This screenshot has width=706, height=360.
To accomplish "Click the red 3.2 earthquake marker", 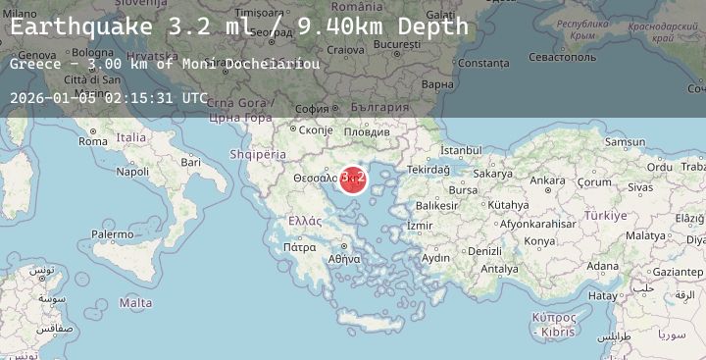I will (352, 178).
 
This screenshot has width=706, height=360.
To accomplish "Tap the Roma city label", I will (93, 141).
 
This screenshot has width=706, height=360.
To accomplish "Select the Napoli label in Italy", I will (132, 171).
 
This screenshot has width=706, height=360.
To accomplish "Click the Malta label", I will (135, 303).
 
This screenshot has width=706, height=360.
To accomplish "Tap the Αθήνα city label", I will (344, 258).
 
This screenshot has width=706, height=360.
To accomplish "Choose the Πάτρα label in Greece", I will (299, 248).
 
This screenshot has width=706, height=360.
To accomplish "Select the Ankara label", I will (547, 180).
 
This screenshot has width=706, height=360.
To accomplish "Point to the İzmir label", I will (420, 226).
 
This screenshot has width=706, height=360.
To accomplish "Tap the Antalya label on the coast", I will (499, 269).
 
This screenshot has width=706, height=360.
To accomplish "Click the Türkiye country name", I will (605, 215).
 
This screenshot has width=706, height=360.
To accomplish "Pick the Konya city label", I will (539, 240).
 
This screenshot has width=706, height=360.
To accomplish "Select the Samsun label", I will (625, 141).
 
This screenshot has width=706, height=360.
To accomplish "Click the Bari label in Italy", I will (190, 161).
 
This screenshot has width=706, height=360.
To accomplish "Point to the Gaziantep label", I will (678, 271).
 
